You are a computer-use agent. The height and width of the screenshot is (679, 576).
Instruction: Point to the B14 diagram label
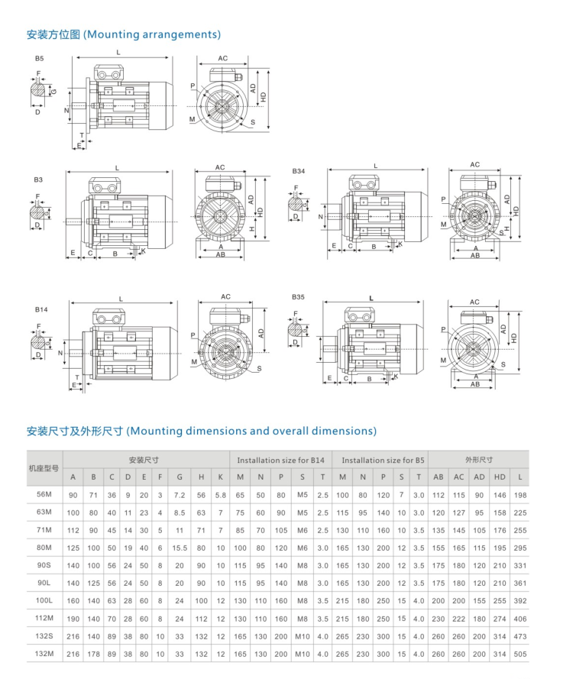[40, 311]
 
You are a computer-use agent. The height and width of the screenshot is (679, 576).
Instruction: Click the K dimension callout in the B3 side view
[143, 251]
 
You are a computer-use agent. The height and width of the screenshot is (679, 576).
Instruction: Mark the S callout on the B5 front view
[253, 122]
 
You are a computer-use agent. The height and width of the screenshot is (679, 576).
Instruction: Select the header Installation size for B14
[280, 461]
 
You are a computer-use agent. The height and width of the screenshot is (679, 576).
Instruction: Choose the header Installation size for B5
[383, 461]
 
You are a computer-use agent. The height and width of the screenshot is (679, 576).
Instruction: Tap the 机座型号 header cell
[44, 467]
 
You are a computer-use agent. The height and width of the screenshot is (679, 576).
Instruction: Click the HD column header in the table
[500, 477]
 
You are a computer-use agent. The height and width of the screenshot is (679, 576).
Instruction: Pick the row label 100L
[44, 602]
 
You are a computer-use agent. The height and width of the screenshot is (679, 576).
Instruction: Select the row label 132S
[44, 636]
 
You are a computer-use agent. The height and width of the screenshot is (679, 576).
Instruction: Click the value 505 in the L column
[520, 654]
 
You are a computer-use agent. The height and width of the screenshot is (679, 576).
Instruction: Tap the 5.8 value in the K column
[221, 495]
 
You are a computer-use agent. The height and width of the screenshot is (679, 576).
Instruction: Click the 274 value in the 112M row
[500, 619]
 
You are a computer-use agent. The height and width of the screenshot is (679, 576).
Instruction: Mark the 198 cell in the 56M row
[520, 495]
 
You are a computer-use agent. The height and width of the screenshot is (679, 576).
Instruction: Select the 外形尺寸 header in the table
[479, 461]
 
